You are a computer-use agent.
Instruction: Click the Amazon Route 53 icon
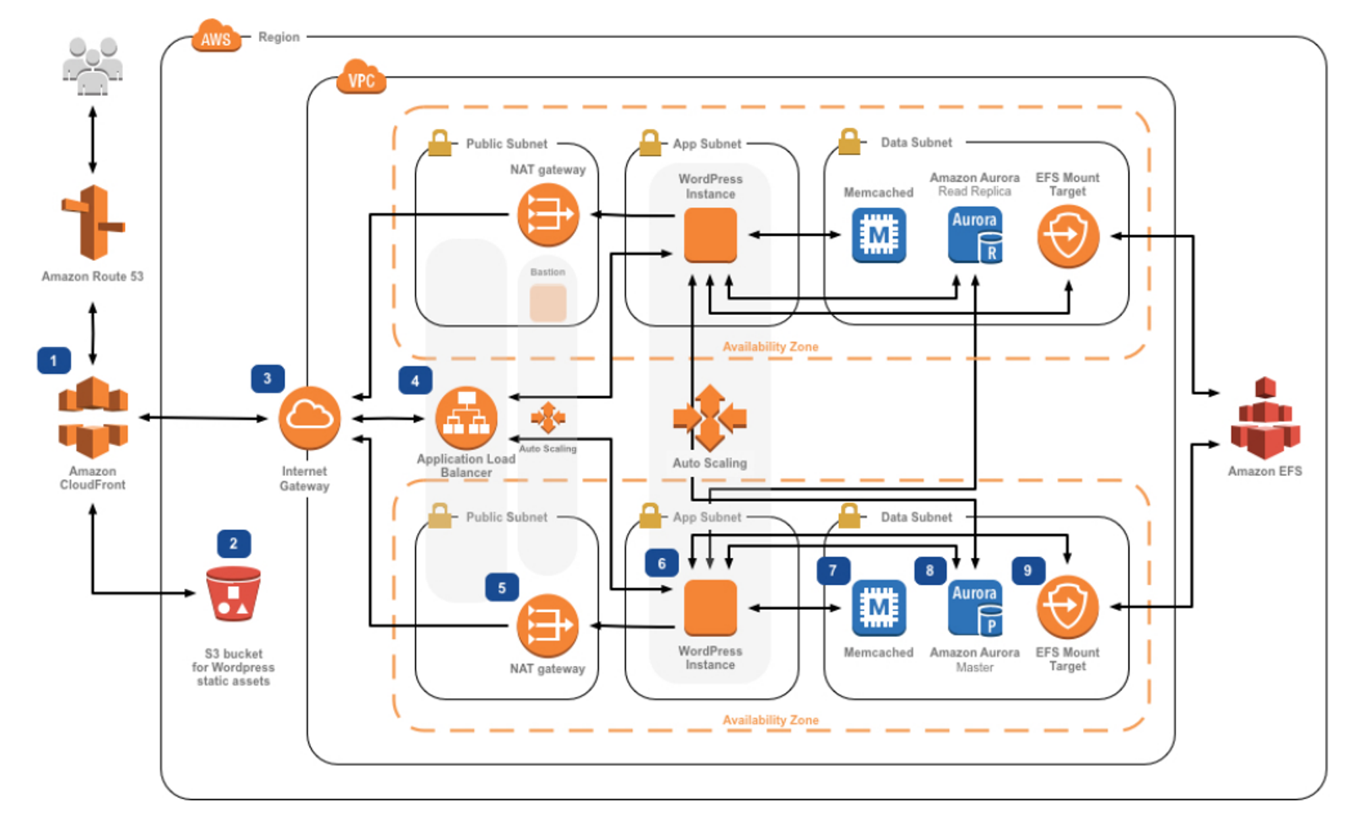click(93, 223)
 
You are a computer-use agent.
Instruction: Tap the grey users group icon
click(93, 66)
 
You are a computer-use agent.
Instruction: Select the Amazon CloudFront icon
click(93, 417)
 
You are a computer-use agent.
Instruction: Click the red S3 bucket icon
click(233, 594)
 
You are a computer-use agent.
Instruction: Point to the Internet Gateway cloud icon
click(310, 418)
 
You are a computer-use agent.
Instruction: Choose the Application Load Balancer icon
click(466, 418)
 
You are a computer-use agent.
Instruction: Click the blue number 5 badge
click(502, 588)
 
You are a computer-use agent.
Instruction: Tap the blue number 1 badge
click(53, 360)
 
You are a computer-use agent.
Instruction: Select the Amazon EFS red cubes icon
click(1265, 419)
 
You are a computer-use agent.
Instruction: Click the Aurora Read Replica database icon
click(975, 235)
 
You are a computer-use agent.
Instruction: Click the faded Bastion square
click(548, 302)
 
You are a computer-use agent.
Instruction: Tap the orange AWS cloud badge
click(216, 37)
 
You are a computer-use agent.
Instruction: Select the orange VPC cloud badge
click(361, 78)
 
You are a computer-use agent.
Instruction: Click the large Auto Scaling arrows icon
click(710, 418)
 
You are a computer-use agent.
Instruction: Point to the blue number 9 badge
click(1028, 570)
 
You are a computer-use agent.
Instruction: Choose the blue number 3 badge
click(267, 379)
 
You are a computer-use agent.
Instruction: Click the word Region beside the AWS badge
click(279, 37)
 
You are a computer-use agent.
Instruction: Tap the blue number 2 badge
click(233, 544)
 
